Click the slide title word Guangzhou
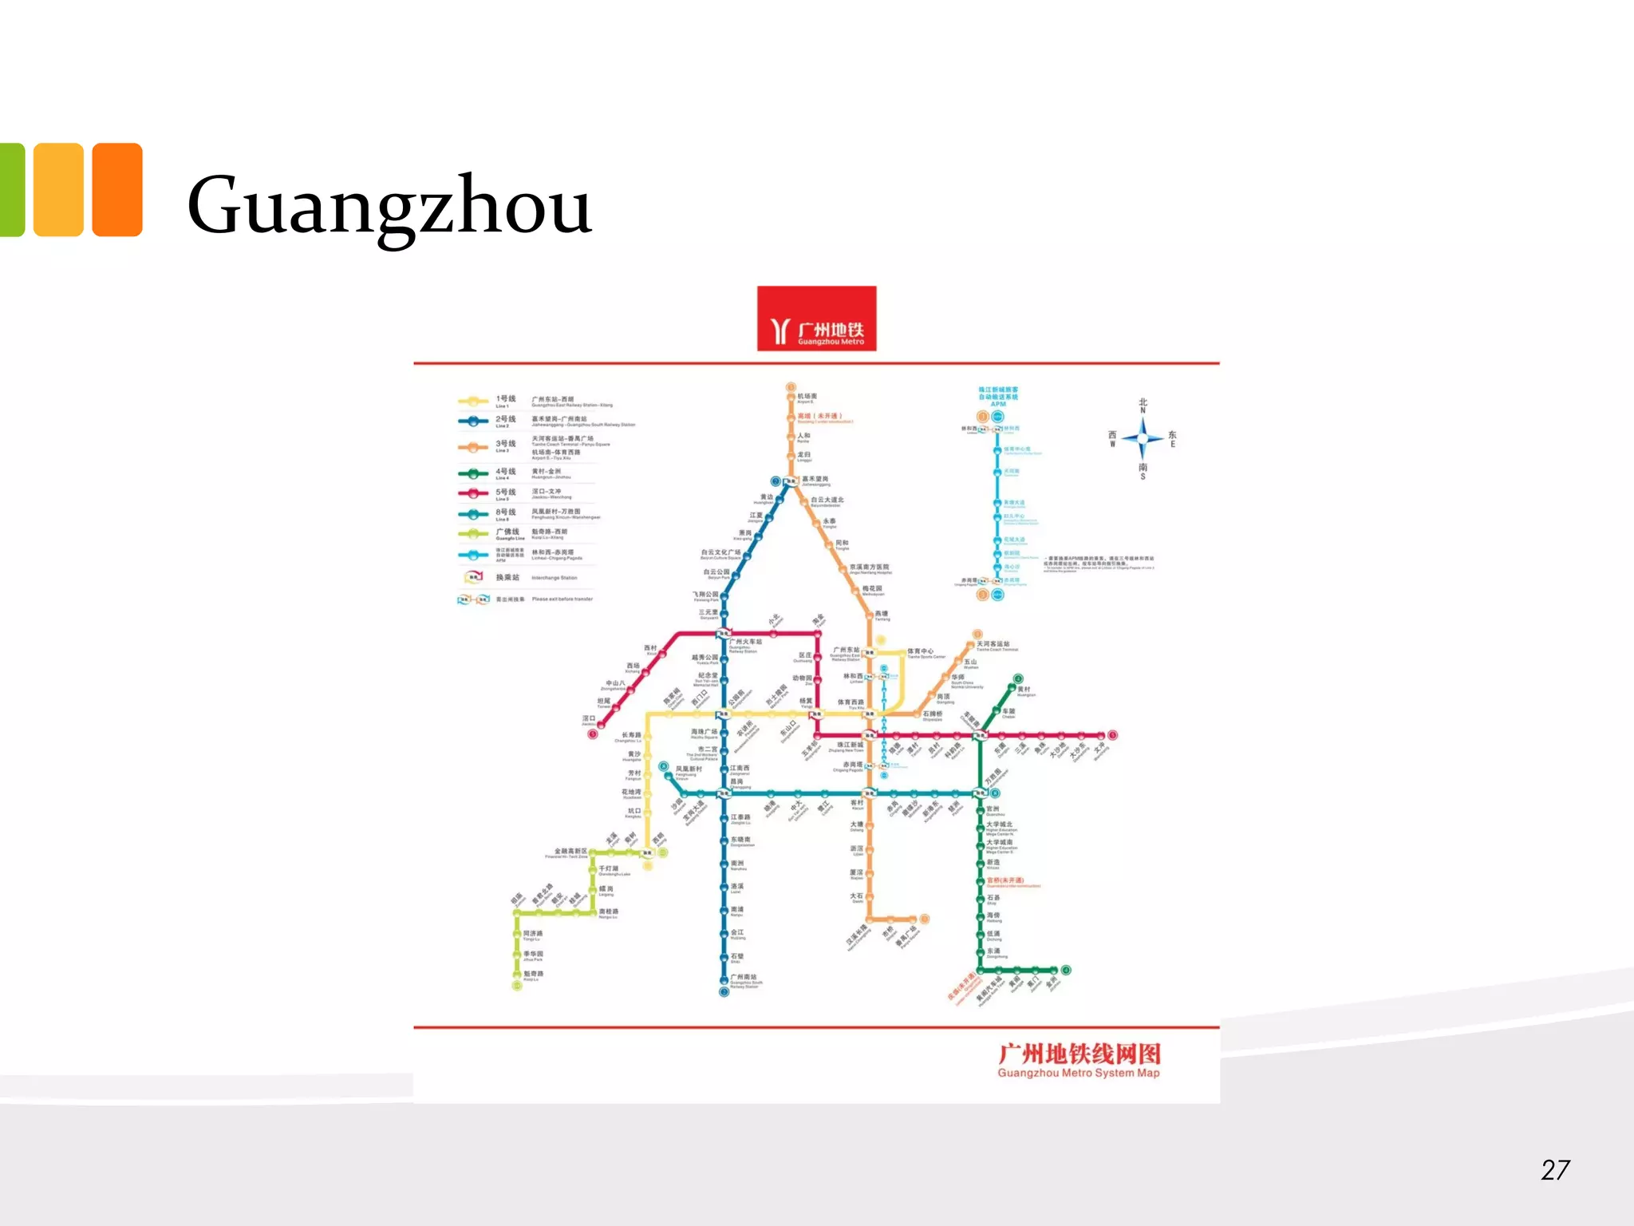click(x=389, y=206)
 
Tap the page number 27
click(x=1555, y=1170)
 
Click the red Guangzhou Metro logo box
click(x=816, y=318)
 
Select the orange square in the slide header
click(x=117, y=190)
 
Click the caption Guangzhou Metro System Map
click(x=1078, y=1073)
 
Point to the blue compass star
click(x=1143, y=438)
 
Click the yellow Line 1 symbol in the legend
click(x=473, y=401)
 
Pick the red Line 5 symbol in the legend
click(x=473, y=494)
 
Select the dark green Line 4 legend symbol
click(x=473, y=473)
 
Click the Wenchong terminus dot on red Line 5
click(x=1112, y=735)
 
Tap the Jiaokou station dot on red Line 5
click(x=593, y=734)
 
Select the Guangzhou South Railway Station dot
click(x=724, y=991)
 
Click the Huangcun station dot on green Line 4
click(x=1018, y=679)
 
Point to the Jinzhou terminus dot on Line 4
click(x=1066, y=971)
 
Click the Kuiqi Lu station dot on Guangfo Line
click(x=517, y=985)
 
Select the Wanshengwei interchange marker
click(x=981, y=793)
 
